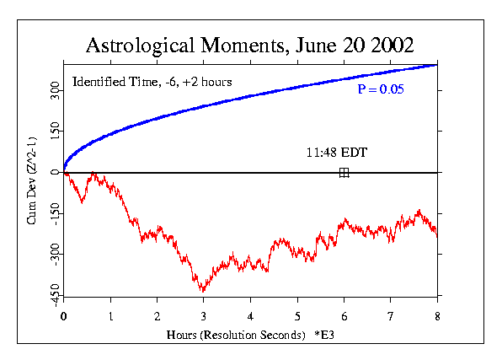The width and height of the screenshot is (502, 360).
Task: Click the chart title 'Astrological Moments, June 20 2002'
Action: [249, 46]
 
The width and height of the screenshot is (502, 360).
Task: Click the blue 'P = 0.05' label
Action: [381, 89]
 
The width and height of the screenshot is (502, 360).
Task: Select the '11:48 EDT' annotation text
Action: [337, 153]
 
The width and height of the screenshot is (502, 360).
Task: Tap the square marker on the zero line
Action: [344, 173]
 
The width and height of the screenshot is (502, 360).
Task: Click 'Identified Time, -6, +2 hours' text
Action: [152, 82]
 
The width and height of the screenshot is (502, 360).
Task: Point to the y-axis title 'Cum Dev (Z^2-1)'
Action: [31, 180]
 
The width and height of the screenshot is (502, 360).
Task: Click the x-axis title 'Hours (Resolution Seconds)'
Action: [236, 335]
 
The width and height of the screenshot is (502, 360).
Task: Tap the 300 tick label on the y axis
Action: [55, 90]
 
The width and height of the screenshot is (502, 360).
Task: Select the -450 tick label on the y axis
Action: [55, 295]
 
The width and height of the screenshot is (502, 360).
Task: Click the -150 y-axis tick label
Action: [55, 213]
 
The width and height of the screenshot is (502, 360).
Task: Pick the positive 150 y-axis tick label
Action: [55, 132]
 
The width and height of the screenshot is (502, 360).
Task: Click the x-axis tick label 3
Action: [204, 316]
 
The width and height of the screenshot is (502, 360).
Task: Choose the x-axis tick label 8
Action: [437, 316]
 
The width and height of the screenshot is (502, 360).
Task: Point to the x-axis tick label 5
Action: [297, 316]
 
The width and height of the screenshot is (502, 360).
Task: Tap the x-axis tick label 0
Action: [63, 316]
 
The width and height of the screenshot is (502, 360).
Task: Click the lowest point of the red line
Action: [203, 292]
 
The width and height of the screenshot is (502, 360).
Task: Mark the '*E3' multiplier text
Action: [324, 335]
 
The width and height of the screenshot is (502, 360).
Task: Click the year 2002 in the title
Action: [393, 46]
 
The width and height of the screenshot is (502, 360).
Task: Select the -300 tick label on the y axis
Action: [55, 255]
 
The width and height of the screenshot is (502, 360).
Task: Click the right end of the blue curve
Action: [437, 66]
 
